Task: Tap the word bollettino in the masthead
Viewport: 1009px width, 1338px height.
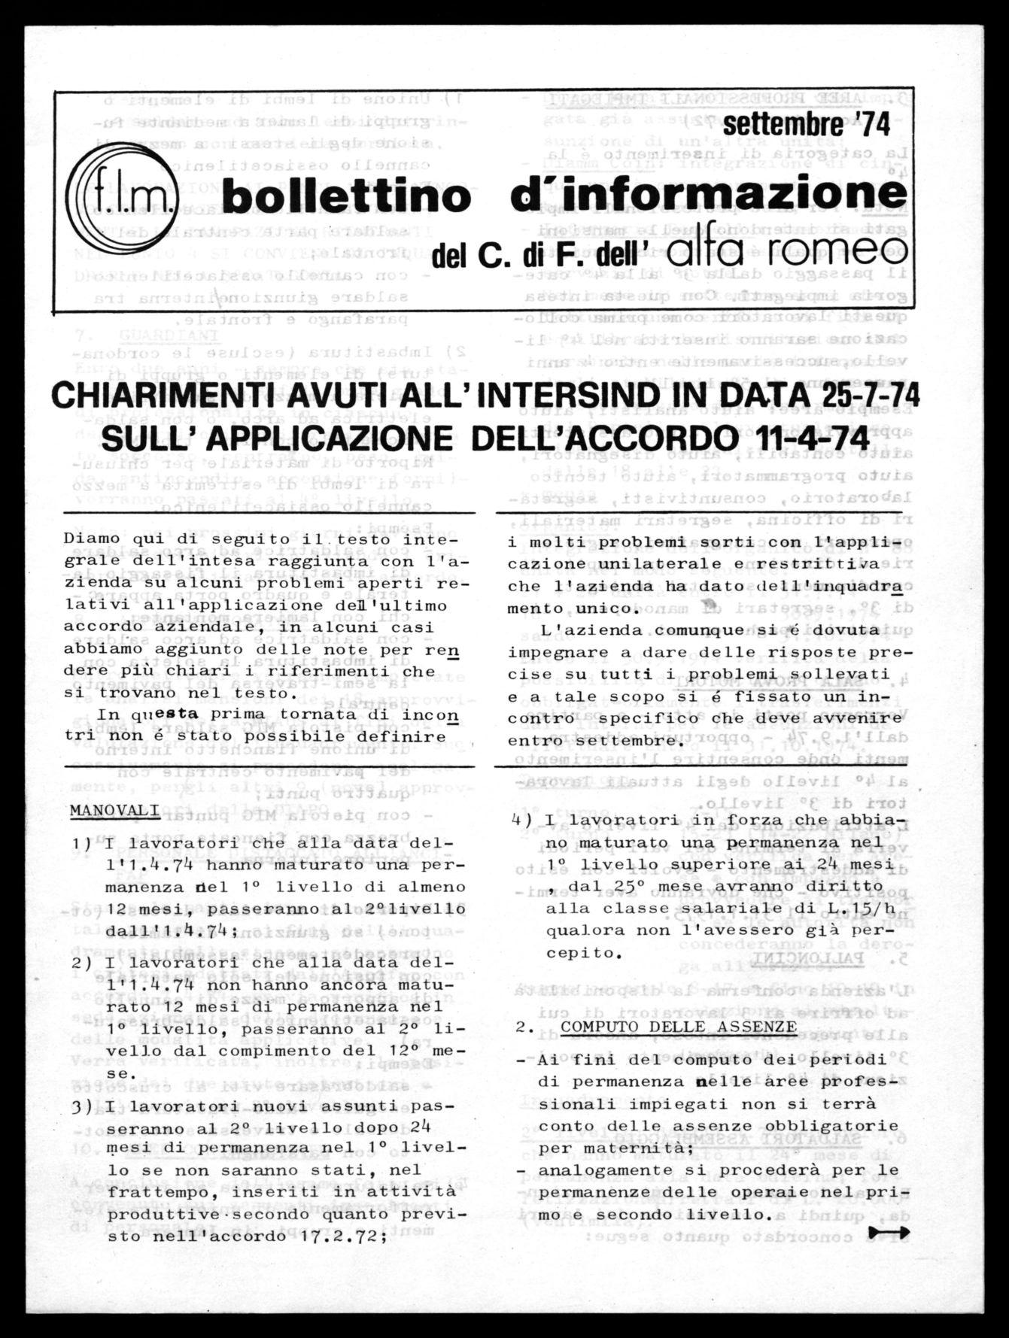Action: coord(347,197)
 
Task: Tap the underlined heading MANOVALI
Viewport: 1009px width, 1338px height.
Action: coord(114,810)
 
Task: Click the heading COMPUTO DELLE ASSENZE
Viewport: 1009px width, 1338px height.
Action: coord(679,1026)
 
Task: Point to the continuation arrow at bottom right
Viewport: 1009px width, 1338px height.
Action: coord(889,1231)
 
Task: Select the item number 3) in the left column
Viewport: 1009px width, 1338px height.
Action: coord(82,1107)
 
